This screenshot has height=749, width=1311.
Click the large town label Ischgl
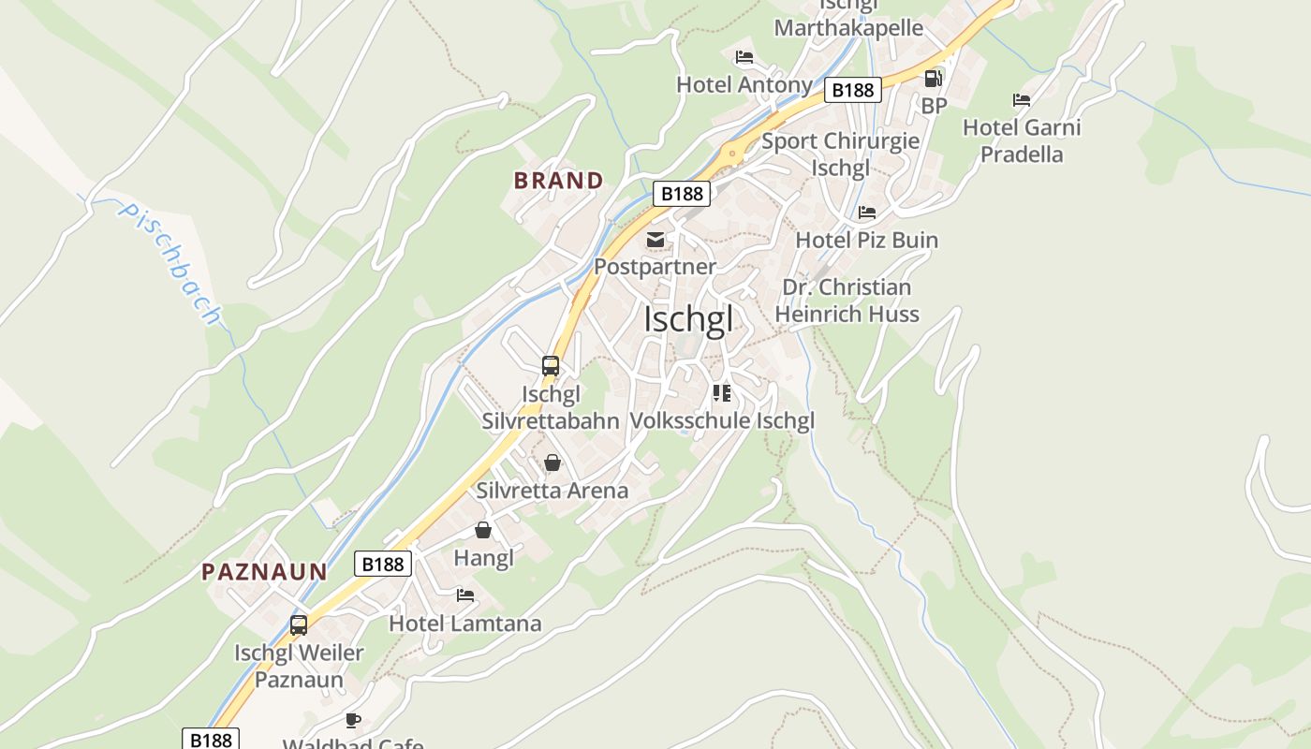pos(687,319)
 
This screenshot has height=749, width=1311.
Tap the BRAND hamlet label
pos(558,181)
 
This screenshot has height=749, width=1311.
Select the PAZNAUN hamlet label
pos(265,571)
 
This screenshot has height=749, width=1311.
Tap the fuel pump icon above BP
pos(933,79)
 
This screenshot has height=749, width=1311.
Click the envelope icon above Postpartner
pos(655,241)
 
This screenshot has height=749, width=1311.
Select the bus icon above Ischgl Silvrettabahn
pos(551,366)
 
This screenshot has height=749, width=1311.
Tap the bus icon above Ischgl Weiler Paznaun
pos(299,624)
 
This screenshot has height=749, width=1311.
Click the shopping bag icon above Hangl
pos(483,531)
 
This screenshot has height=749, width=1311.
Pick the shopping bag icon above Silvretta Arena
pos(552,463)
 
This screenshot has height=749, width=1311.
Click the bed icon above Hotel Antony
pos(744,57)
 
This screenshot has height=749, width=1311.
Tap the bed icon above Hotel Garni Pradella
pos(1022,100)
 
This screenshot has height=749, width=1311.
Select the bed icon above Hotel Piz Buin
pos(867,213)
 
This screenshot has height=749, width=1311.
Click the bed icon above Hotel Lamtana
pos(465,595)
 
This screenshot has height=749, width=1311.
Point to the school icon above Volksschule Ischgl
pos(721,393)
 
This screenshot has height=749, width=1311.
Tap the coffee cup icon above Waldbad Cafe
pos(353,720)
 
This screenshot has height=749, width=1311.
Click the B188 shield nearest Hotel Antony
pos(852,90)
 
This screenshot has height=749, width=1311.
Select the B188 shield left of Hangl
pos(383,564)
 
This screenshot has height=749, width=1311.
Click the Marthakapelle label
pos(848,28)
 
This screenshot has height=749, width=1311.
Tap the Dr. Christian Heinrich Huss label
pos(847,301)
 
